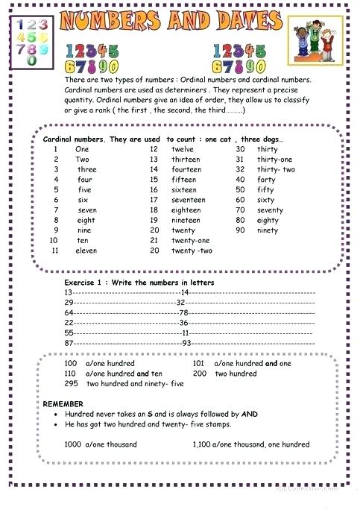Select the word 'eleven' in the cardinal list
point(86,251)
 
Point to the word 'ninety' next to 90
point(268,230)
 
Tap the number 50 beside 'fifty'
point(240,189)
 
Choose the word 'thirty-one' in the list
point(275,159)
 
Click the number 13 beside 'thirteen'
point(154,159)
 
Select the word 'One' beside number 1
point(82,148)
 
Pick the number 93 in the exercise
point(187,341)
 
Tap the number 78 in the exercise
point(183,312)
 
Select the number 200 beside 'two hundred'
point(200,373)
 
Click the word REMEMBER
point(64,403)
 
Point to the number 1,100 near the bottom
point(202,444)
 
